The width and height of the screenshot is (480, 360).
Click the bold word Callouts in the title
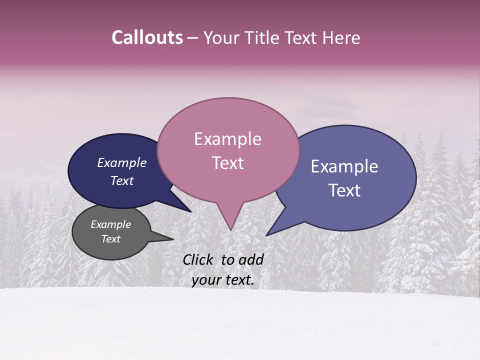147,37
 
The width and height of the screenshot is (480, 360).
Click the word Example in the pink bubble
227,139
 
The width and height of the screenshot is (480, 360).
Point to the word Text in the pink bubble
227,163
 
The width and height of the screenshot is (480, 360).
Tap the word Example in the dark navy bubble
121,163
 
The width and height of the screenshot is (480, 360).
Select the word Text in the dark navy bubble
121,180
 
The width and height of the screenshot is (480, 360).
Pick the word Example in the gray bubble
110,224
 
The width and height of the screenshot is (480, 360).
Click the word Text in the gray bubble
110,239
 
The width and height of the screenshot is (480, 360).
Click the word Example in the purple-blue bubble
344,166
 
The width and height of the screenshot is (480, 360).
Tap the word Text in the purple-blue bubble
344,190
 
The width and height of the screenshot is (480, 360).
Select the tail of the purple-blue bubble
270,233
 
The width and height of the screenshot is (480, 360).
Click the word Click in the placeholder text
199,259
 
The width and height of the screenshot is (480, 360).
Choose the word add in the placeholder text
252,259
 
